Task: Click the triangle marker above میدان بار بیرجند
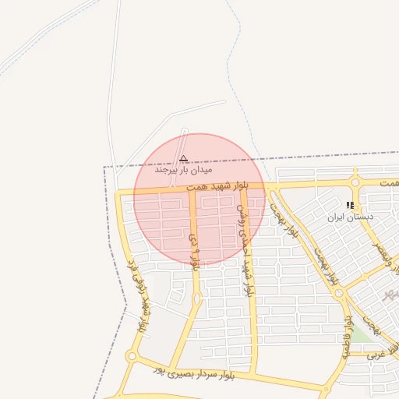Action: [184, 157]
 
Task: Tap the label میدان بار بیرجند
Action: [184, 168]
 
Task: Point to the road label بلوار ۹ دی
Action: [194, 248]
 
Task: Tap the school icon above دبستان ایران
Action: [349, 206]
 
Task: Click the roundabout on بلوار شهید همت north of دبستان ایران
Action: [355, 183]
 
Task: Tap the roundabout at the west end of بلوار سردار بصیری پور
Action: [131, 357]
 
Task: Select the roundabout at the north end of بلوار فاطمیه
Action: [340, 294]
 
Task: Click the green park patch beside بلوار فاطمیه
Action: [361, 335]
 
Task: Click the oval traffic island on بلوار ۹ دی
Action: [196, 298]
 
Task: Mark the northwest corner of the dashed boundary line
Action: [104, 168]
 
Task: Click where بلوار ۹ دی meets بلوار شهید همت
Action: [192, 189]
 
